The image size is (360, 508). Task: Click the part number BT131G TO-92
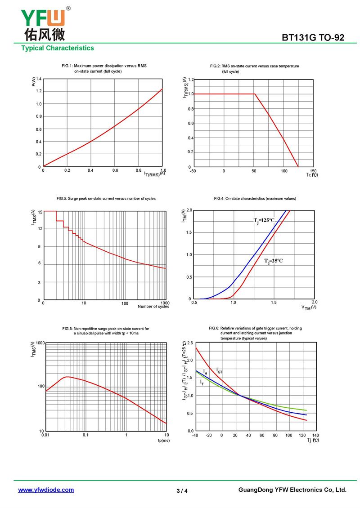pos(313,38)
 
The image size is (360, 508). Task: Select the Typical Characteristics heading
pos(58,48)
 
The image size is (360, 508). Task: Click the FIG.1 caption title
pos(104,68)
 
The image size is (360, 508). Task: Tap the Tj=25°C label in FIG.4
pos(273,261)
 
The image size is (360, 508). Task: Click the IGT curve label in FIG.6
pos(220,371)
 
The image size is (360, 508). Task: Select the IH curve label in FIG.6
pos(205,372)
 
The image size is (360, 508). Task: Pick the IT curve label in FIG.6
pos(202,382)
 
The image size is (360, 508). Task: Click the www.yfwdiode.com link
pos(46,490)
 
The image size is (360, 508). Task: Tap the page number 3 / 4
pos(182,490)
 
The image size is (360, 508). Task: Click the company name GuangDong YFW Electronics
pos(292,490)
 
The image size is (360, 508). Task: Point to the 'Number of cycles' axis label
pos(153,307)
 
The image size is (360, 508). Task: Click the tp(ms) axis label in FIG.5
pos(163,441)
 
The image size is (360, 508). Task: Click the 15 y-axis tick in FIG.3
pos(40,212)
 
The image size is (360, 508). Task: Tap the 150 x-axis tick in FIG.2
pos(313,171)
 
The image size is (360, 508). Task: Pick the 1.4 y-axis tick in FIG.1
pos(39,79)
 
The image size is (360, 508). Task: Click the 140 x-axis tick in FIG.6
pos(315,435)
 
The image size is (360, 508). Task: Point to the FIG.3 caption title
pos(106,199)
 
